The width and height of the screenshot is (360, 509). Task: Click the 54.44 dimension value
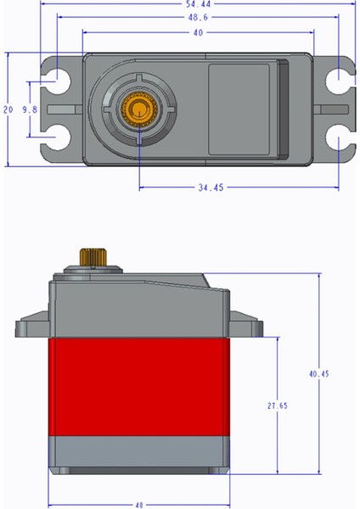point(199,4)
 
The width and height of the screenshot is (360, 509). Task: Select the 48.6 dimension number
point(199,17)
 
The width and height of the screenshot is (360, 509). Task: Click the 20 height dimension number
point(8,110)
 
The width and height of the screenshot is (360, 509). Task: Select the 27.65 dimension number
point(276,406)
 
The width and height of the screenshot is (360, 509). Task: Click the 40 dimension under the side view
point(138,503)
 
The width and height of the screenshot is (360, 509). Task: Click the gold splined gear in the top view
point(136,108)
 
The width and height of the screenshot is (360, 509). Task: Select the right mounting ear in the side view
point(247,327)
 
